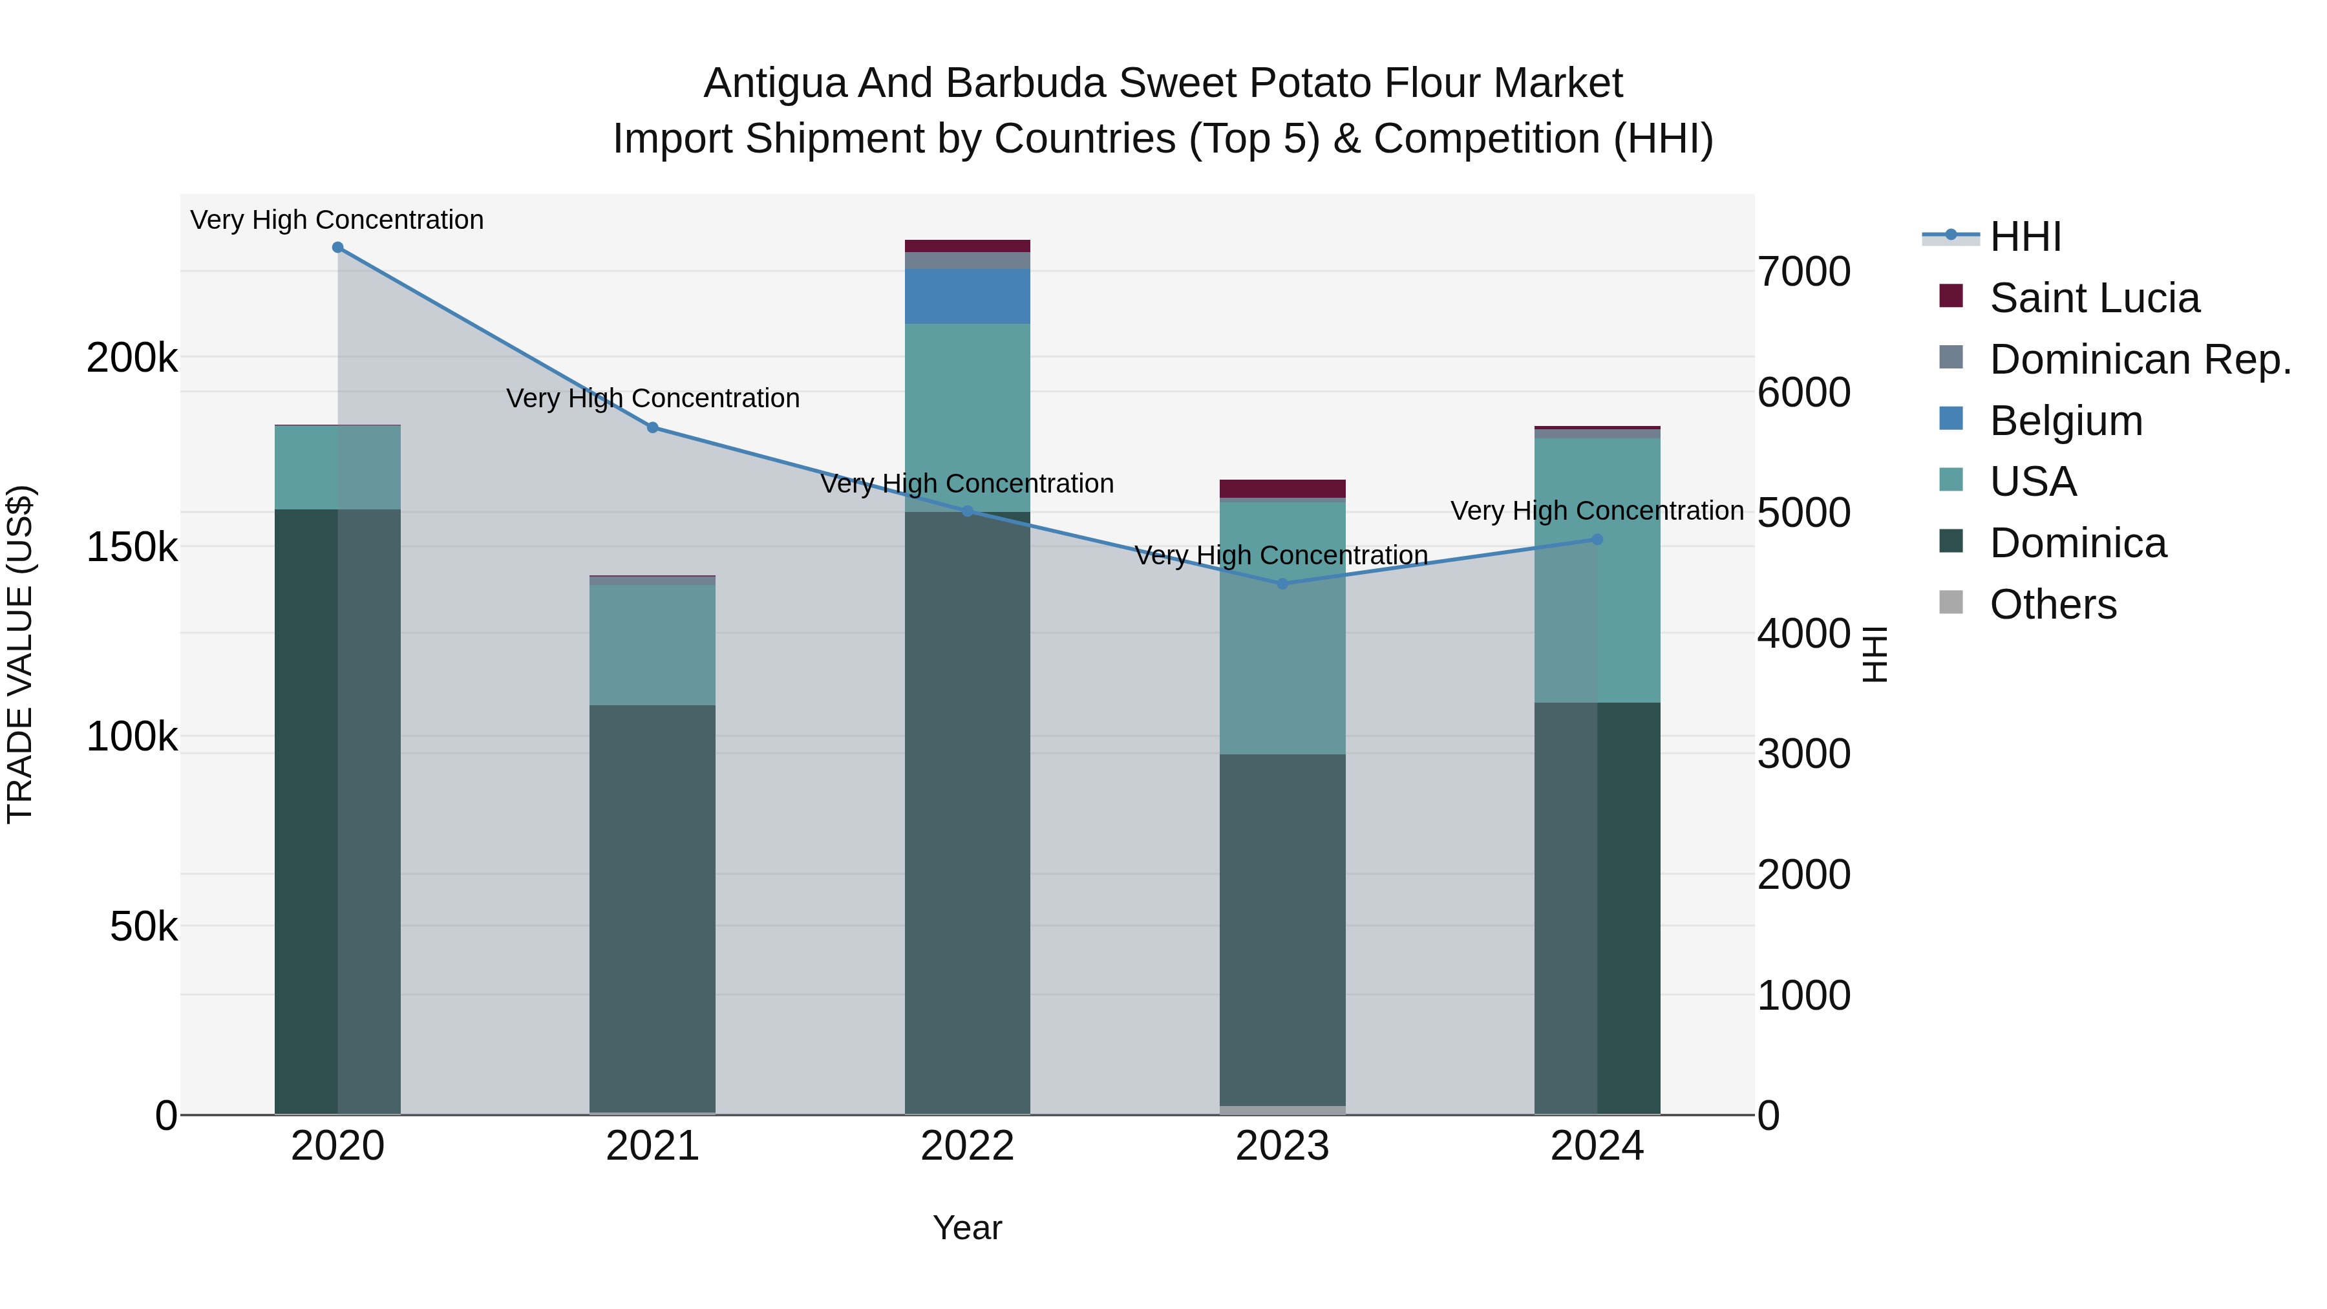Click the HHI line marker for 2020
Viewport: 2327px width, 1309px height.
coord(338,247)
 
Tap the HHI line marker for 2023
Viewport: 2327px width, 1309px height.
coord(1282,584)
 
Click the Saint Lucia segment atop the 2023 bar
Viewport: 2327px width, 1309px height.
coord(1282,488)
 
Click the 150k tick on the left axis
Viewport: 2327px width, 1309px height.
coord(132,546)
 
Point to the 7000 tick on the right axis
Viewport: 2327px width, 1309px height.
coord(1803,272)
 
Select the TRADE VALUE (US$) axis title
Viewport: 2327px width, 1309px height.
coord(20,654)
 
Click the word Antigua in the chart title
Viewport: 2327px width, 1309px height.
coord(775,83)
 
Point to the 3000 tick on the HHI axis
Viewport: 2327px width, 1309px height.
coord(1803,754)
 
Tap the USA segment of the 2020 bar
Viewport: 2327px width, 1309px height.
coord(338,467)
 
